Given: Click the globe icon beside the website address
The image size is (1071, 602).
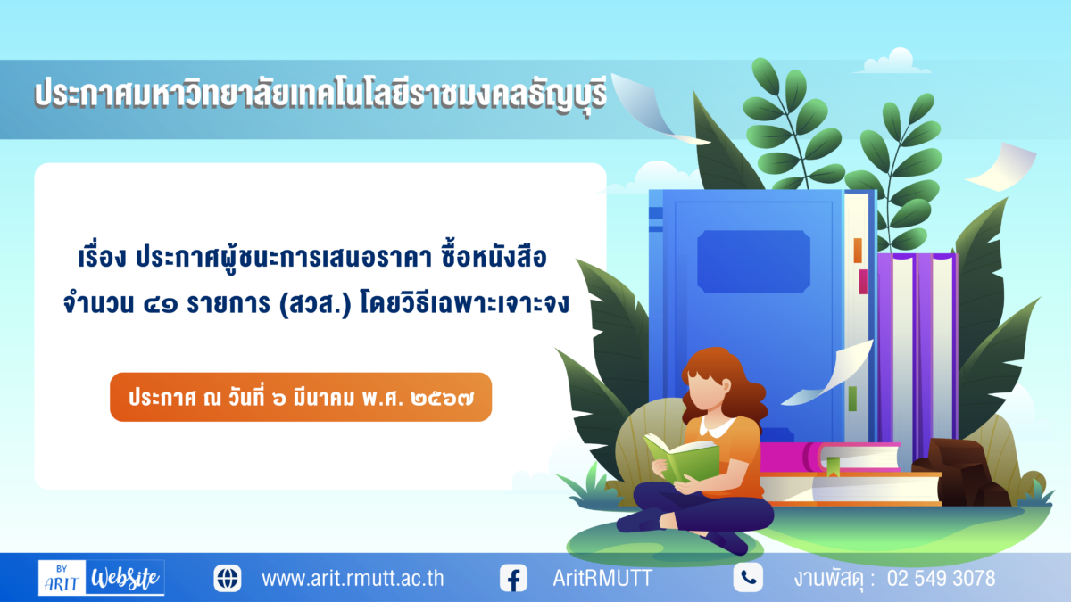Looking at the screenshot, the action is click(228, 578).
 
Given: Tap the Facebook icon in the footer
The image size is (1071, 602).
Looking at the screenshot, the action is click(513, 578).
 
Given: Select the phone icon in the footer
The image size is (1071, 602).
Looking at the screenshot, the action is click(748, 578).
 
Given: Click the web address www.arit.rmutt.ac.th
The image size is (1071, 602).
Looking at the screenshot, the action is click(353, 579).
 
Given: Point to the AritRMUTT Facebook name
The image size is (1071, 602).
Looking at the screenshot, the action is click(602, 578).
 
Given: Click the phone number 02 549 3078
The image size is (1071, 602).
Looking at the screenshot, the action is click(941, 579).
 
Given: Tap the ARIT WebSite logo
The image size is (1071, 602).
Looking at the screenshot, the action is click(102, 578).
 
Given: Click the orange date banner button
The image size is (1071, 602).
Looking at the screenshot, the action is click(301, 397).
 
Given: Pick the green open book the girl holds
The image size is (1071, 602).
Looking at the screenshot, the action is click(681, 458).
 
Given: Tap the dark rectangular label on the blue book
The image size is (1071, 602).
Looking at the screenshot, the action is click(753, 261).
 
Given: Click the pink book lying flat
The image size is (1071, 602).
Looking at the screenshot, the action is click(829, 458).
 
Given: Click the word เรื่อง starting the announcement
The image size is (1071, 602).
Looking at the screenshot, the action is click(102, 256).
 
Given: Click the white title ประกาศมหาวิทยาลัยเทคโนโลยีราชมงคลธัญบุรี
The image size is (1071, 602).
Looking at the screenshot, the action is click(320, 93).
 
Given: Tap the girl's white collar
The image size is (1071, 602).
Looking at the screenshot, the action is click(718, 425).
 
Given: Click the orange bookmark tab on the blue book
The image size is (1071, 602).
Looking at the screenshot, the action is click(858, 251).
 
